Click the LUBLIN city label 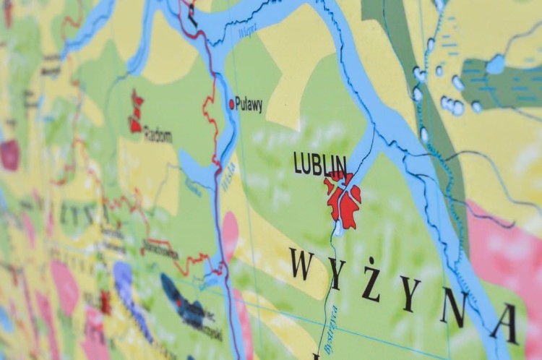(x=320, y=163)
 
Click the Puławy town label (x=249, y=105)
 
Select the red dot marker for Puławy (x=232, y=104)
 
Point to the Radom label (x=158, y=134)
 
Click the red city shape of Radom (x=135, y=112)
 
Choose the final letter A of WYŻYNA (x=504, y=323)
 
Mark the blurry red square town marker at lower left (x=106, y=302)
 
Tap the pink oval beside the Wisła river (x=231, y=233)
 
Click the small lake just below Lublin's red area (x=338, y=229)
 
